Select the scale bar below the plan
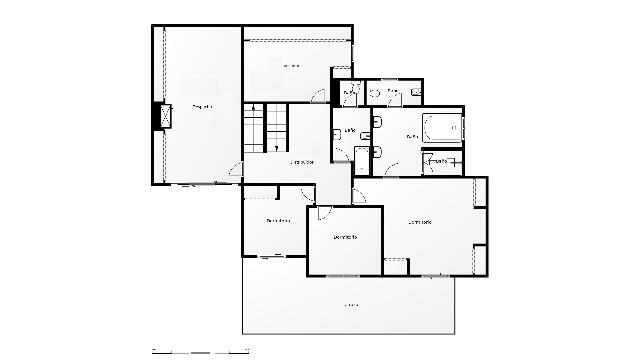[200, 351]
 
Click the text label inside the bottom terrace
[351, 304]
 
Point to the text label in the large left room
[202, 106]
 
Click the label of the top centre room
[291, 66]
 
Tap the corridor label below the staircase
[302, 162]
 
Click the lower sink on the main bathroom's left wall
[378, 150]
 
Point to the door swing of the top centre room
[318, 96]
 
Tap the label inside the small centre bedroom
[345, 237]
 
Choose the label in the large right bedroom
[420, 221]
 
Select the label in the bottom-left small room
[278, 221]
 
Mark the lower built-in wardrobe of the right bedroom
[479, 258]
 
